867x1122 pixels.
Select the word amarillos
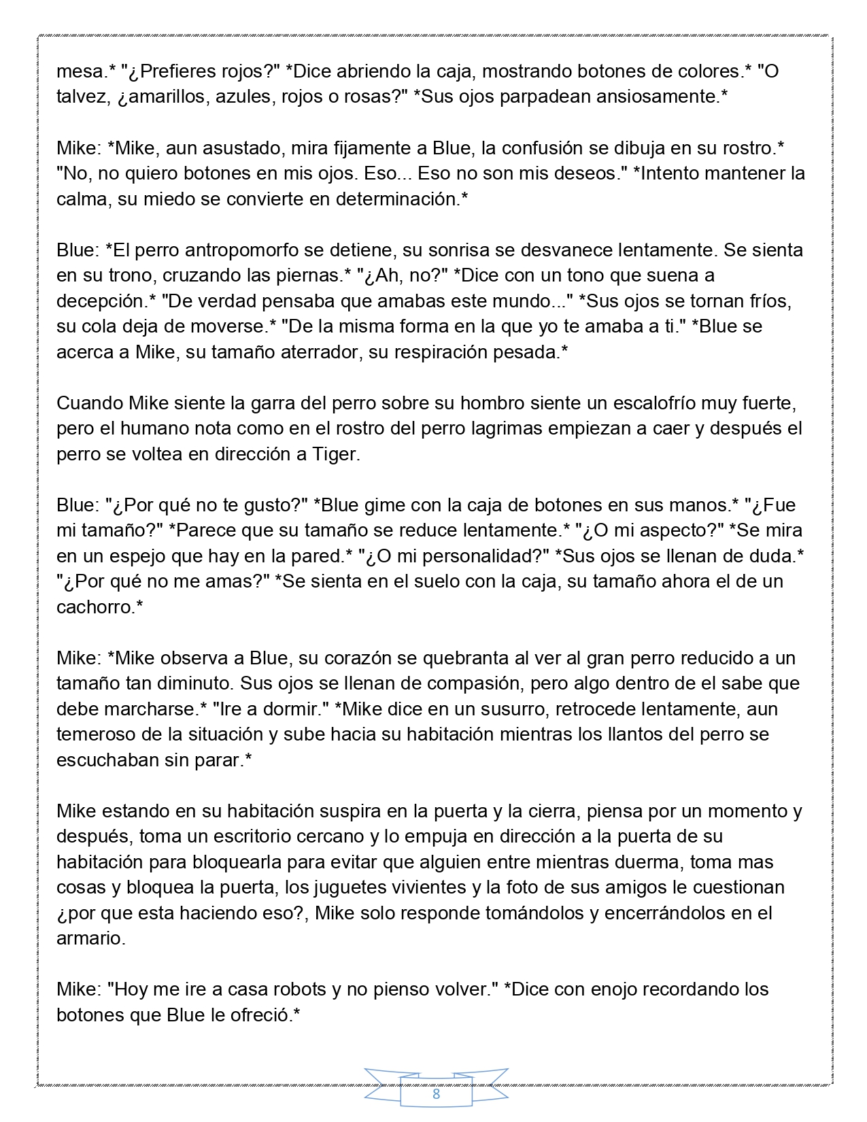pos(163,97)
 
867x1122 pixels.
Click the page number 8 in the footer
pos(436,1094)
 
